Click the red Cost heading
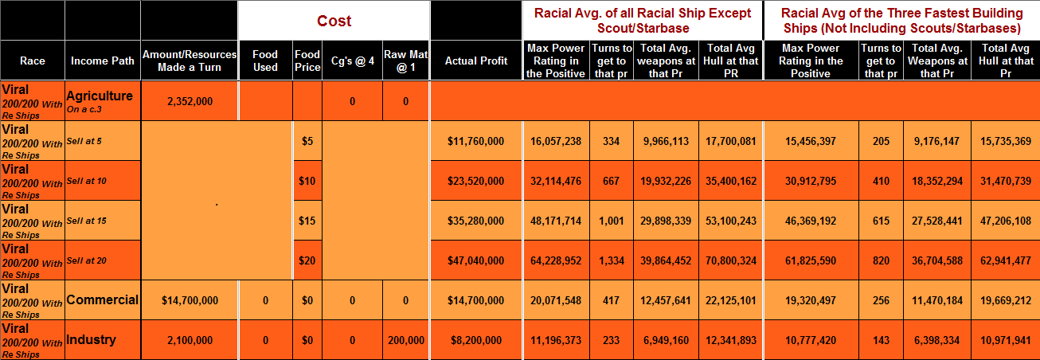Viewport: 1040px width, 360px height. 334,21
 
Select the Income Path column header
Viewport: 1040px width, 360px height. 102,61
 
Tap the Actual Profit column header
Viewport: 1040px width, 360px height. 476,61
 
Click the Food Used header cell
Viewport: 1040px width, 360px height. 265,61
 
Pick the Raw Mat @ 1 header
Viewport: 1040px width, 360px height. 406,61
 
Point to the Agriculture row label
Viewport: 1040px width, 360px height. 100,96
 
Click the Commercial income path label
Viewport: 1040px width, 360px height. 103,300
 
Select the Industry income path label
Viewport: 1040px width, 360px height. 91,340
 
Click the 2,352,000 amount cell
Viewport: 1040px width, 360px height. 189,101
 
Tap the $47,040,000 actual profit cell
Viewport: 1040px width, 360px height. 476,260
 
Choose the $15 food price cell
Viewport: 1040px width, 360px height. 307,221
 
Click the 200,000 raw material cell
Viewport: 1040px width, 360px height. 406,340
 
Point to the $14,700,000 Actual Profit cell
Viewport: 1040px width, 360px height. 476,300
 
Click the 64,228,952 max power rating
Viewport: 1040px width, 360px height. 556,260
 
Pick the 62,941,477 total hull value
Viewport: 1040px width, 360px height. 1006,260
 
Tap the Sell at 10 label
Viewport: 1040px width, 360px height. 87,181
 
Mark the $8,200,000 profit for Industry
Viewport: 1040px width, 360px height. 476,340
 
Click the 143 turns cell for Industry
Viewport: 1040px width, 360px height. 881,340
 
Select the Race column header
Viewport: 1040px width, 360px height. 33,61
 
